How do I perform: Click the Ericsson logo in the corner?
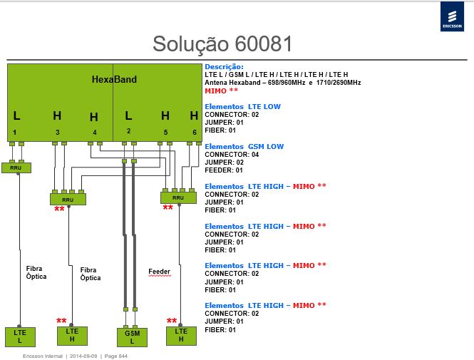tap(452, 16)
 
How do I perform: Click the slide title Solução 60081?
tap(222, 43)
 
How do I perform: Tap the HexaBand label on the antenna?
tap(114, 79)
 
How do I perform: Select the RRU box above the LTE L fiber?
tap(16, 168)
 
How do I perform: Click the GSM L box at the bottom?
tap(132, 337)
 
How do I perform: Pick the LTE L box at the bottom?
tap(20, 336)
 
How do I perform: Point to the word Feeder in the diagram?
tap(160, 272)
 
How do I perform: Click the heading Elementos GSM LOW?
tap(244, 147)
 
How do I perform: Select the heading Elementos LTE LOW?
tap(243, 107)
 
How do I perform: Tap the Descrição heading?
tap(224, 67)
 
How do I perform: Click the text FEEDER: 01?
tap(224, 170)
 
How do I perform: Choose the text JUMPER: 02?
tap(224, 163)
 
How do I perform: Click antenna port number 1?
tap(14, 132)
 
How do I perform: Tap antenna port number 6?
tap(195, 132)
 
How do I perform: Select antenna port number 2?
tap(129, 131)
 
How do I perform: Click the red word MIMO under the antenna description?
tap(215, 91)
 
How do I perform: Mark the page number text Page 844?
tap(115, 356)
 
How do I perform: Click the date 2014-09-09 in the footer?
tap(83, 356)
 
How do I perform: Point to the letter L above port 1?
tap(16, 115)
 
